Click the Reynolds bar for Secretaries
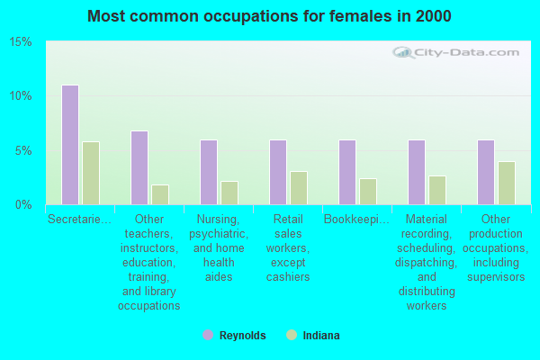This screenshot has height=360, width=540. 70,145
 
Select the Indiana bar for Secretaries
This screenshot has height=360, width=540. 91,173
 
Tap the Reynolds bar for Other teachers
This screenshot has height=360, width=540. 139,167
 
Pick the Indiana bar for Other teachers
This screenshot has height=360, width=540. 160,194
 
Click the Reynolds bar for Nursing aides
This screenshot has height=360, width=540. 209,172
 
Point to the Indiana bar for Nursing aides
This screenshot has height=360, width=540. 229,193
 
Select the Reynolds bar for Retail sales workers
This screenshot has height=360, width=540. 278,172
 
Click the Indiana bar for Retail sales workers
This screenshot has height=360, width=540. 299,188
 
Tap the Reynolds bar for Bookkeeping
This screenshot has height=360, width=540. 347,172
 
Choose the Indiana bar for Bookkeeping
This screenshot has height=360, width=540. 368,192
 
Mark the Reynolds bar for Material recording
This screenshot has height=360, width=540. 417,172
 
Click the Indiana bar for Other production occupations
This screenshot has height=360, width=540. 507,183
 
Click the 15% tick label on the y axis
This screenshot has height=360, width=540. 21,42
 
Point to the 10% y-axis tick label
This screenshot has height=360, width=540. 21,96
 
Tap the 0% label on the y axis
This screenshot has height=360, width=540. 23,204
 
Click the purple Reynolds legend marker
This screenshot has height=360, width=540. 208,335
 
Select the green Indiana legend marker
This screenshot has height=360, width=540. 291,335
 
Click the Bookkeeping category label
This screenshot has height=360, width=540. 357,219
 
